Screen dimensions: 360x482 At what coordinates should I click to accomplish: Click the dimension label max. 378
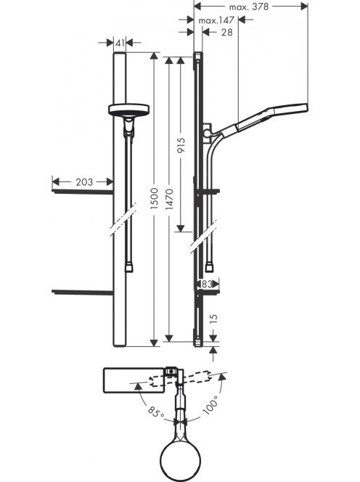pos(249,7)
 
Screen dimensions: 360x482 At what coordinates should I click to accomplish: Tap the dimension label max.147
pos(216,20)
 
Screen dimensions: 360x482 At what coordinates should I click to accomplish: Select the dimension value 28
pos(227,32)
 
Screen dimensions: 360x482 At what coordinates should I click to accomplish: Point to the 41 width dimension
pos(120,43)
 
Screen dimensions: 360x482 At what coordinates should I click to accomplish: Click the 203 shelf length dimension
pos(84,182)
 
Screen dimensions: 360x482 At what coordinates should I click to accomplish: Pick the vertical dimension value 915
pos(181,146)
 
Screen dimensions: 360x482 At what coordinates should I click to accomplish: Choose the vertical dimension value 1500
pos(154,199)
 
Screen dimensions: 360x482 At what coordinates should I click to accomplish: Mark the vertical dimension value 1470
pos(169,200)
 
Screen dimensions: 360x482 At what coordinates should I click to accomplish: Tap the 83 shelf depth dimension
pos(207,284)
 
